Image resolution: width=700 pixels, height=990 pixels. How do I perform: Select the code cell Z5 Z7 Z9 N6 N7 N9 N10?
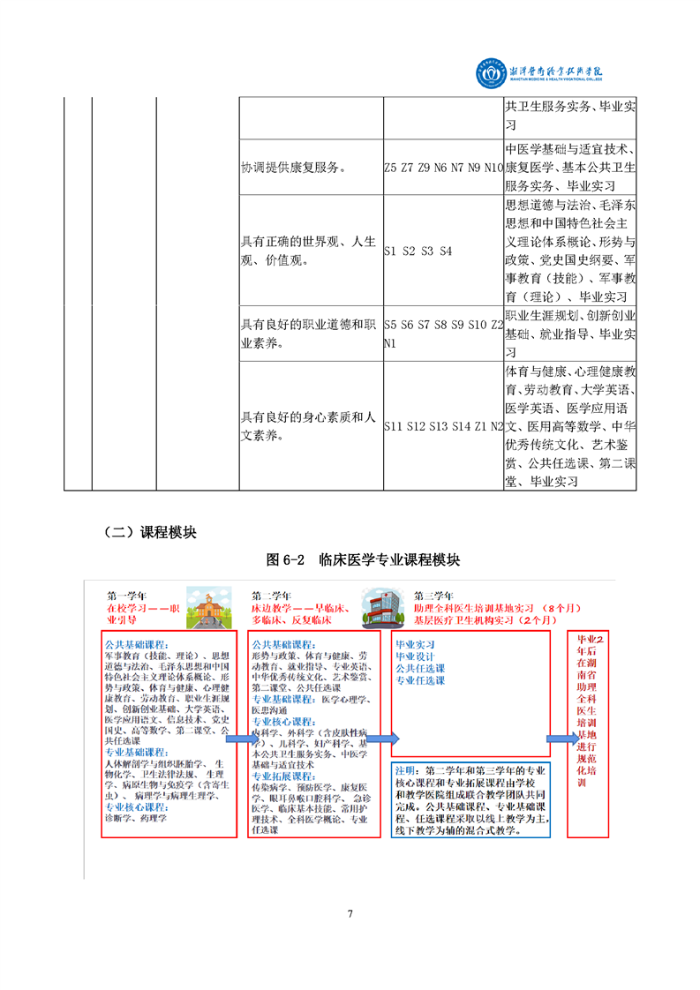coord(442,167)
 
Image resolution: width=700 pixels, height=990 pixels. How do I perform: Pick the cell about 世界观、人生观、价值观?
coord(309,250)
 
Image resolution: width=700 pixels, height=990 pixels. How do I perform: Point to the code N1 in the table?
coord(392,343)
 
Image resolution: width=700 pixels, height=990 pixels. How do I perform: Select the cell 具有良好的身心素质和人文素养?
coord(309,425)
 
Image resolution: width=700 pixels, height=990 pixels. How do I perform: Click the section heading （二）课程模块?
coord(149,532)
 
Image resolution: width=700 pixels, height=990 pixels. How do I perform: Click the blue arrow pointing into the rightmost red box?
coord(558,738)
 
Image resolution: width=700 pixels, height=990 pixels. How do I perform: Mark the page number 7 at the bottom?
coord(350,913)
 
